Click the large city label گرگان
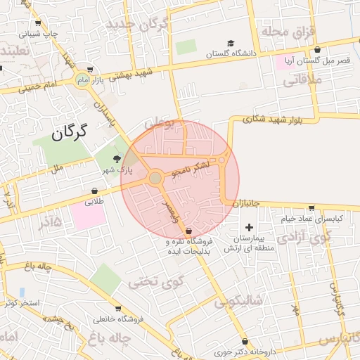coord(68,131)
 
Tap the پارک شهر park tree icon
coord(117,159)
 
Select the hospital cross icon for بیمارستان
coord(250,227)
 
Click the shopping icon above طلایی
coord(94,191)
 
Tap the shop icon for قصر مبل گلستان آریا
coord(319,50)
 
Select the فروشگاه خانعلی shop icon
coord(117,309)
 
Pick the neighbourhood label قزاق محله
coord(280,32)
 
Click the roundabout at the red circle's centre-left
coord(155,178)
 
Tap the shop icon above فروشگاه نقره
coord(188,231)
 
